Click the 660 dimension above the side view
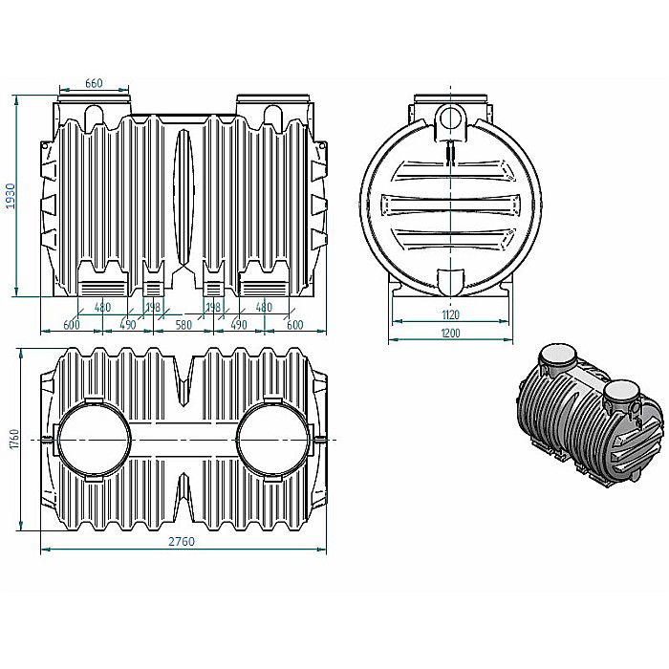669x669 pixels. [x=94, y=84]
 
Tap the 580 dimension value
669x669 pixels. [x=183, y=325]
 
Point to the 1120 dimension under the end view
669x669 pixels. [x=451, y=314]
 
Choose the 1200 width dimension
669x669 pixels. [x=451, y=333]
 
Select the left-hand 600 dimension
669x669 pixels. [x=70, y=325]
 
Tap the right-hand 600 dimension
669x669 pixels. [x=294, y=325]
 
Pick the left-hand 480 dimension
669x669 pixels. [x=102, y=308]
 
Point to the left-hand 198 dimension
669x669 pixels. [x=152, y=308]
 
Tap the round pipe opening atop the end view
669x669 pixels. [x=450, y=119]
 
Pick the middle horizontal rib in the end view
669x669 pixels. [x=450, y=205]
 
